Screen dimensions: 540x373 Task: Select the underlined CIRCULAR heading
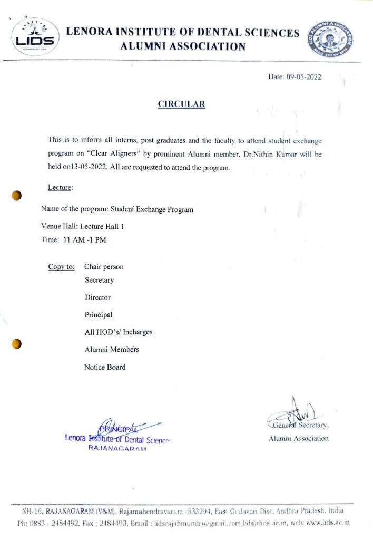pyautogui.click(x=181, y=104)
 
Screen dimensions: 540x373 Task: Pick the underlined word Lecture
pyautogui.click(x=60, y=187)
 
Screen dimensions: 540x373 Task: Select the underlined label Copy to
pyautogui.click(x=61, y=267)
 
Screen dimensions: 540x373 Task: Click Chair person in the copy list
pyautogui.click(x=104, y=267)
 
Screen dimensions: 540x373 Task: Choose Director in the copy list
pyautogui.click(x=97, y=297)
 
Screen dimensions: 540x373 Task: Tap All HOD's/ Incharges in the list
pyautogui.click(x=119, y=332)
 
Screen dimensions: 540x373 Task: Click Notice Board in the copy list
pyautogui.click(x=105, y=367)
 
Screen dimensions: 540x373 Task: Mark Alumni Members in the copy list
pyautogui.click(x=112, y=350)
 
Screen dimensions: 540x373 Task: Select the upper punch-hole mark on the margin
pyautogui.click(x=17, y=196)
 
